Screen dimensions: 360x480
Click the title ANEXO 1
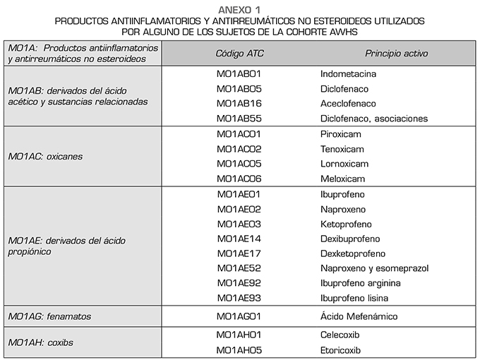click(239, 9)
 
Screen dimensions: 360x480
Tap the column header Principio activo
click(396, 54)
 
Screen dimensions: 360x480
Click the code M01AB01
click(239, 73)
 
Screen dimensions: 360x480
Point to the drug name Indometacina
click(348, 73)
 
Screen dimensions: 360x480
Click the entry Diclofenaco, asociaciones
click(373, 119)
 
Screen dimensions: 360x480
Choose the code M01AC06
click(239, 179)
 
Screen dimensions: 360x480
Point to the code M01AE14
click(239, 239)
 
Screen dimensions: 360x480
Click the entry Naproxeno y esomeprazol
click(374, 268)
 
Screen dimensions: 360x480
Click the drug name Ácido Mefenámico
click(358, 316)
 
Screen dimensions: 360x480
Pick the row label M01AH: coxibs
click(41, 343)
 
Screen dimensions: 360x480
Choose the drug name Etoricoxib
click(340, 350)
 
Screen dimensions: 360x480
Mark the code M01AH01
click(239, 335)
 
